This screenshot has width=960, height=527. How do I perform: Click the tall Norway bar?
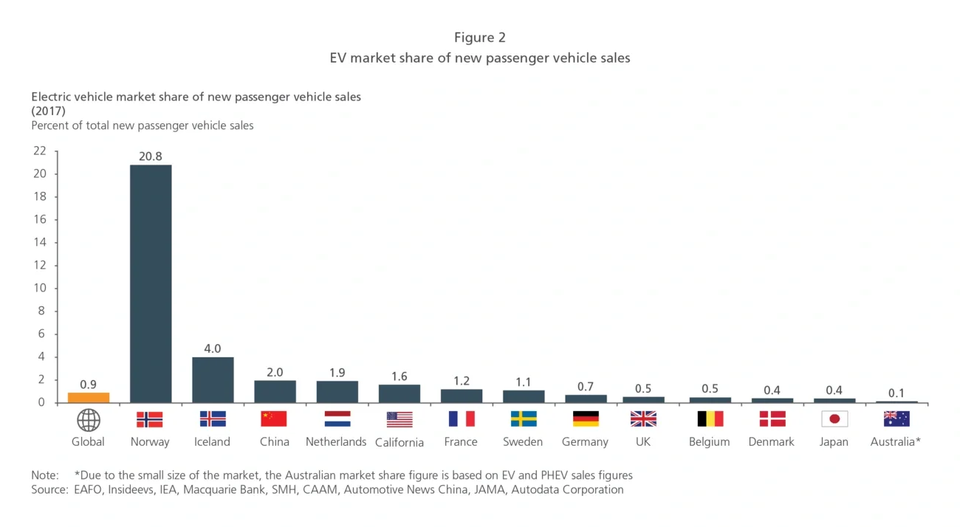(x=151, y=284)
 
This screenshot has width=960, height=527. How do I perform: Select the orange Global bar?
(x=89, y=398)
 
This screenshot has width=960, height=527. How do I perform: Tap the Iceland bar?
(x=213, y=380)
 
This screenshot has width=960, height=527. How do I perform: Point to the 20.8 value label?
(x=151, y=156)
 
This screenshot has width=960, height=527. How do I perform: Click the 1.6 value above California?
(x=399, y=376)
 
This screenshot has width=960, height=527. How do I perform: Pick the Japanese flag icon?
(x=834, y=419)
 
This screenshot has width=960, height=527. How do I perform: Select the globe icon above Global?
(x=89, y=420)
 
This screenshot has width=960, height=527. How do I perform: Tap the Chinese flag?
(x=274, y=419)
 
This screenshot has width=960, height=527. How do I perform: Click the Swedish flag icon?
(x=524, y=419)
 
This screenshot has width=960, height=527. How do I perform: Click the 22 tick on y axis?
(x=39, y=151)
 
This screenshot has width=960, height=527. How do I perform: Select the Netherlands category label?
(x=336, y=442)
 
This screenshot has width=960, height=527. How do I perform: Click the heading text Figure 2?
(x=480, y=38)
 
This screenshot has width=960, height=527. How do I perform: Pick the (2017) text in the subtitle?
(x=49, y=111)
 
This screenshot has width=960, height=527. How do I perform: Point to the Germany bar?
(x=586, y=399)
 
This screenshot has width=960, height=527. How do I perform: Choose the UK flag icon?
(x=643, y=419)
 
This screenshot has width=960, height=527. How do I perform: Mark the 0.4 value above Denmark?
(x=772, y=390)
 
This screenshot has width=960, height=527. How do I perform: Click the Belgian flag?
(x=710, y=419)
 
